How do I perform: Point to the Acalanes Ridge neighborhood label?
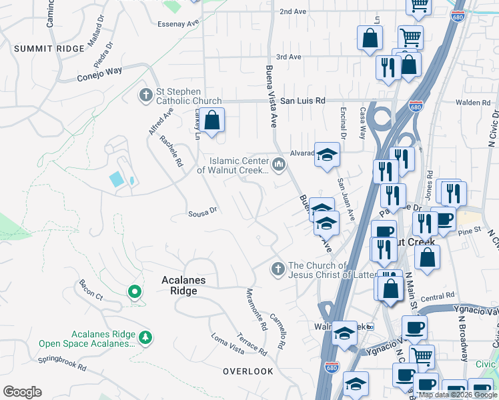pyautogui.click(x=179, y=286)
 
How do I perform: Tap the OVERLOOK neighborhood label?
pyautogui.click(x=248, y=371)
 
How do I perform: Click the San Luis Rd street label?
pyautogui.click(x=302, y=101)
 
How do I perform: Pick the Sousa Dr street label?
pyautogui.click(x=203, y=211)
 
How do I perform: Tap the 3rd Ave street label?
pyautogui.click(x=289, y=57)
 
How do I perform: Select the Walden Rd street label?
pyautogui.click(x=473, y=103)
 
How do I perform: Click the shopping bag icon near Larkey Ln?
pyautogui.click(x=212, y=121)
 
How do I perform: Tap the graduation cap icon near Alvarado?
pyautogui.click(x=327, y=155)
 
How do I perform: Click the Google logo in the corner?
pyautogui.click(x=22, y=392)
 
